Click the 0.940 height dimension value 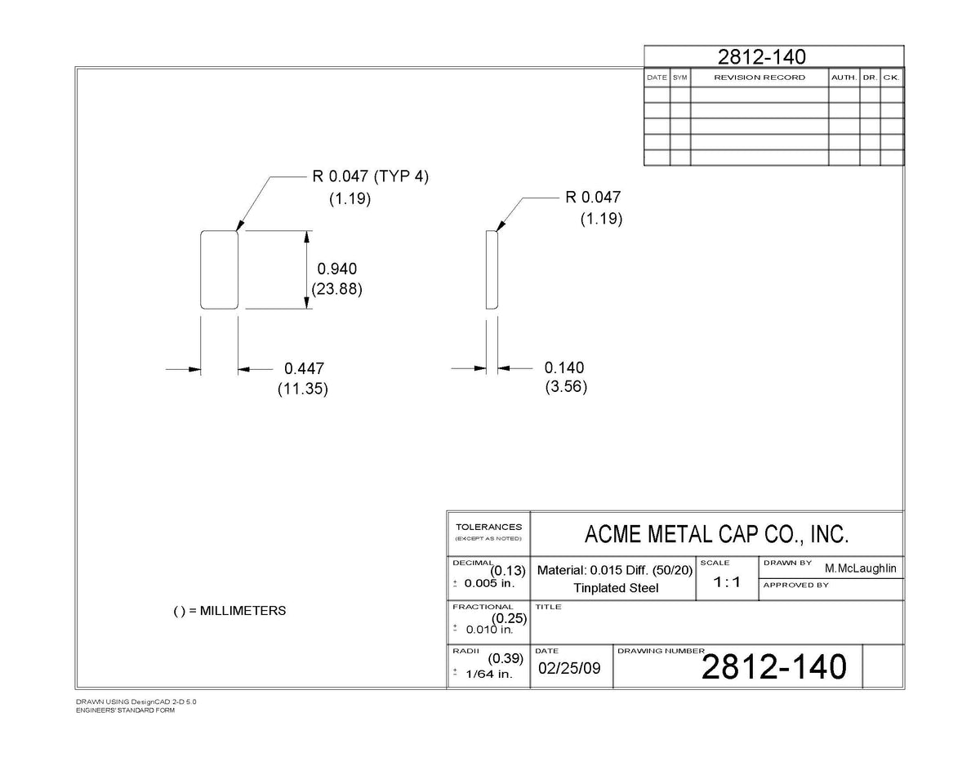337,269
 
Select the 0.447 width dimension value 304,368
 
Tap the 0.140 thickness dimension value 564,367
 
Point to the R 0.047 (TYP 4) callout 370,176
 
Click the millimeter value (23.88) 337,289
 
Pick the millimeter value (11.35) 303,389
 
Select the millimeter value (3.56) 566,387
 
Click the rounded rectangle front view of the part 201,269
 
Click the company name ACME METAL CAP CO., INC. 716,534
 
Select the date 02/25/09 569,668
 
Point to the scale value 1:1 727,581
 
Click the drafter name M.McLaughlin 861,568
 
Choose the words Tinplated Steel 616,588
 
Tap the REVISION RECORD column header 759,78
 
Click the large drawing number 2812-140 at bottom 774,666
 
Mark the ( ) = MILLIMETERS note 229,611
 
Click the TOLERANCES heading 488,527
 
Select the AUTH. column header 844,78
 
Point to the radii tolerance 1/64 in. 489,674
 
